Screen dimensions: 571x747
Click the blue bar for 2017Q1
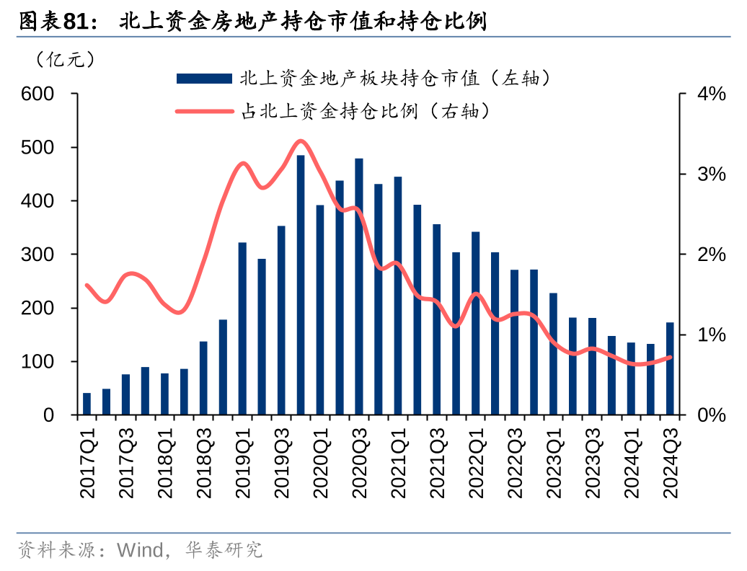click(x=87, y=404)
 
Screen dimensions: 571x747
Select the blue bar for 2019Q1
click(x=242, y=329)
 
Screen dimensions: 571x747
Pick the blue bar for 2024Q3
click(x=670, y=368)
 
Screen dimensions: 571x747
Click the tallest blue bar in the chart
click(x=301, y=285)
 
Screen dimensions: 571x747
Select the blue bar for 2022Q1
click(x=476, y=324)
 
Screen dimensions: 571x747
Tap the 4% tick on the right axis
click(x=710, y=94)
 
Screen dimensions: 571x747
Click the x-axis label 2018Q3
click(x=203, y=462)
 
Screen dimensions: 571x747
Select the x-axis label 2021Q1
click(x=398, y=462)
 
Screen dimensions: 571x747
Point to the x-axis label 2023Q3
click(x=592, y=462)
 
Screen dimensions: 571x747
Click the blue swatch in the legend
click(x=204, y=78)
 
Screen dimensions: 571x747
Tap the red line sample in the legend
click(x=204, y=112)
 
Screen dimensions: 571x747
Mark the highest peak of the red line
click(x=301, y=141)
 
